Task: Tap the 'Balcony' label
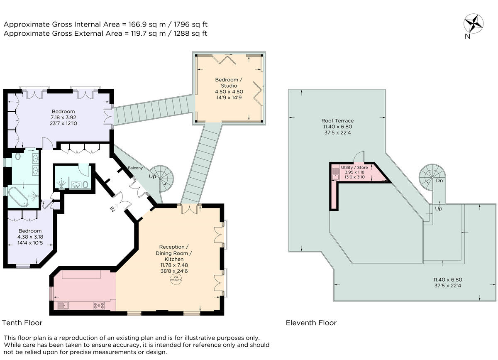click(x=136, y=168)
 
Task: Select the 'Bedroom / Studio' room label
click(x=226, y=83)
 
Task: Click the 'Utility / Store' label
click(x=354, y=167)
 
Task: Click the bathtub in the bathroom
click(x=17, y=197)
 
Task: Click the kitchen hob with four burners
click(x=99, y=306)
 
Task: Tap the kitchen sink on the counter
click(x=63, y=306)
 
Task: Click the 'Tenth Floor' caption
click(x=22, y=323)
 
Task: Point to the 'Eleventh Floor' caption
click(x=311, y=323)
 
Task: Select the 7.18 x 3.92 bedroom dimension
click(x=63, y=117)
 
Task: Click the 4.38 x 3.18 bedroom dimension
click(x=30, y=237)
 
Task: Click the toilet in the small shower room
click(x=85, y=184)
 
